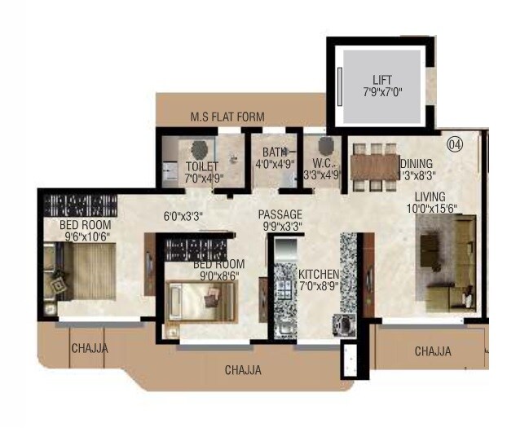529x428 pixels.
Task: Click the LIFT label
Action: [382, 80]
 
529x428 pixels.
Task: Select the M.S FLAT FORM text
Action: [227, 117]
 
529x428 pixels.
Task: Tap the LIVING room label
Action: [429, 196]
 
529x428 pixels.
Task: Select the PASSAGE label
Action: [280, 214]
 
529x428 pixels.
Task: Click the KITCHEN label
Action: [319, 274]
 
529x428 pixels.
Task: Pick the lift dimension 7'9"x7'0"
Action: [382, 93]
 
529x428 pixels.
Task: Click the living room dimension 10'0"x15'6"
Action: [429, 210]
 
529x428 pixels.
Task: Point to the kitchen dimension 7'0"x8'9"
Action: [319, 286]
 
